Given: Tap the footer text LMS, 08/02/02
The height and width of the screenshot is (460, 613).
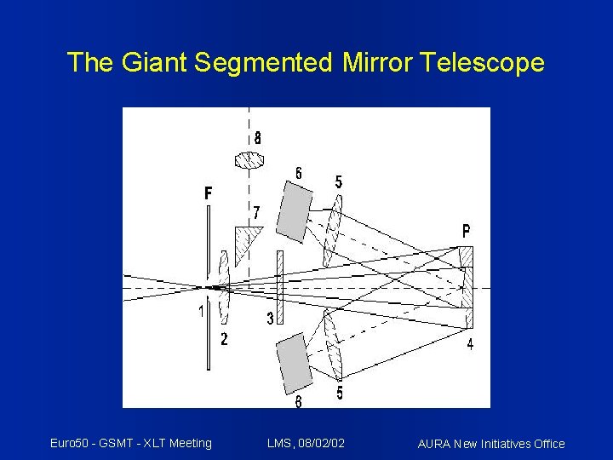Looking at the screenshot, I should coord(306,443).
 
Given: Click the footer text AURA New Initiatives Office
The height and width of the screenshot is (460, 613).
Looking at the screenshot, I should coord(491,444).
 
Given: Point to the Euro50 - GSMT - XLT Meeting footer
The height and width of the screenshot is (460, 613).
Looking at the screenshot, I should coord(130,443).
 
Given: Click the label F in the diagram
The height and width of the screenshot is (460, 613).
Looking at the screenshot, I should coord(209,193).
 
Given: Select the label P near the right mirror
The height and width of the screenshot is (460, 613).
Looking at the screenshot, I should coord(466,231).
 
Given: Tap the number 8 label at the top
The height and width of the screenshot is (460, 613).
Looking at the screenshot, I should coord(257,137).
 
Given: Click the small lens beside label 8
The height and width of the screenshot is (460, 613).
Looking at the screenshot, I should coord(249,159).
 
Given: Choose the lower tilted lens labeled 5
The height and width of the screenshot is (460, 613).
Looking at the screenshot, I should coord(331,344).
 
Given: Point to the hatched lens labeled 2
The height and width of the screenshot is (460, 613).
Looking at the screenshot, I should coord(224,287).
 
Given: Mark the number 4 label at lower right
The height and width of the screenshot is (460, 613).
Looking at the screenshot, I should coord(469,344).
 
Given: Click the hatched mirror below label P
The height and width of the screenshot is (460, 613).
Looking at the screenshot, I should coord(466,287).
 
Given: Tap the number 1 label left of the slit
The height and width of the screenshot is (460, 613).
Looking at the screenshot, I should coord(201,312).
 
